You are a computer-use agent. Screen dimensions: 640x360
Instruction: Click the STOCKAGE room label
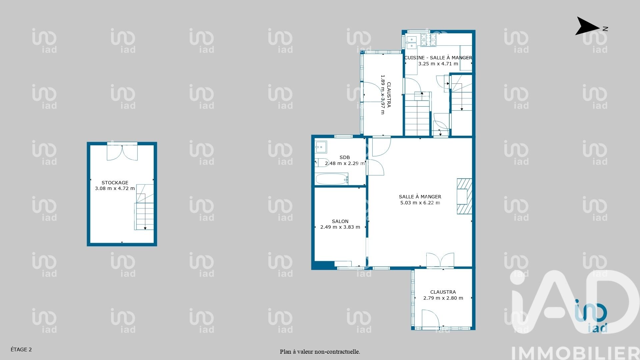point(115,183)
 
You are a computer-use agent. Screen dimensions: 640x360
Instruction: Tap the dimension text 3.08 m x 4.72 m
point(115,188)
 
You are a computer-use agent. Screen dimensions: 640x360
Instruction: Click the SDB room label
point(345,157)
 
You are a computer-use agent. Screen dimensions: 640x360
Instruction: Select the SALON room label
point(340,221)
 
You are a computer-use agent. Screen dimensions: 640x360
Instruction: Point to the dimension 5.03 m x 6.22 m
point(420,203)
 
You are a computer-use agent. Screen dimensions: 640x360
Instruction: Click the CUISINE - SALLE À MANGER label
point(438,58)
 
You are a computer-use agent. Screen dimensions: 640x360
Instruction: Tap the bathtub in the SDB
point(332,179)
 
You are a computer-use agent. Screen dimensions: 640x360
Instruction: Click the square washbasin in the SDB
point(321,147)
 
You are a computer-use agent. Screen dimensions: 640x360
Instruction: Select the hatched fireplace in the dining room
point(464,196)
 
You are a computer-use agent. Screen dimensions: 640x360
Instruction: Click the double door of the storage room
point(122,152)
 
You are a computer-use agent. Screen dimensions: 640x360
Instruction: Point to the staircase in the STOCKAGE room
point(144,207)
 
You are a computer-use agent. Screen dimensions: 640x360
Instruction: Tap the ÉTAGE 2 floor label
point(21,350)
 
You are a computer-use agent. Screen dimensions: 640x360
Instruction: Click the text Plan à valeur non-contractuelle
point(320,352)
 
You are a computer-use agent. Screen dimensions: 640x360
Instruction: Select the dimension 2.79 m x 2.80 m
point(443,298)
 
